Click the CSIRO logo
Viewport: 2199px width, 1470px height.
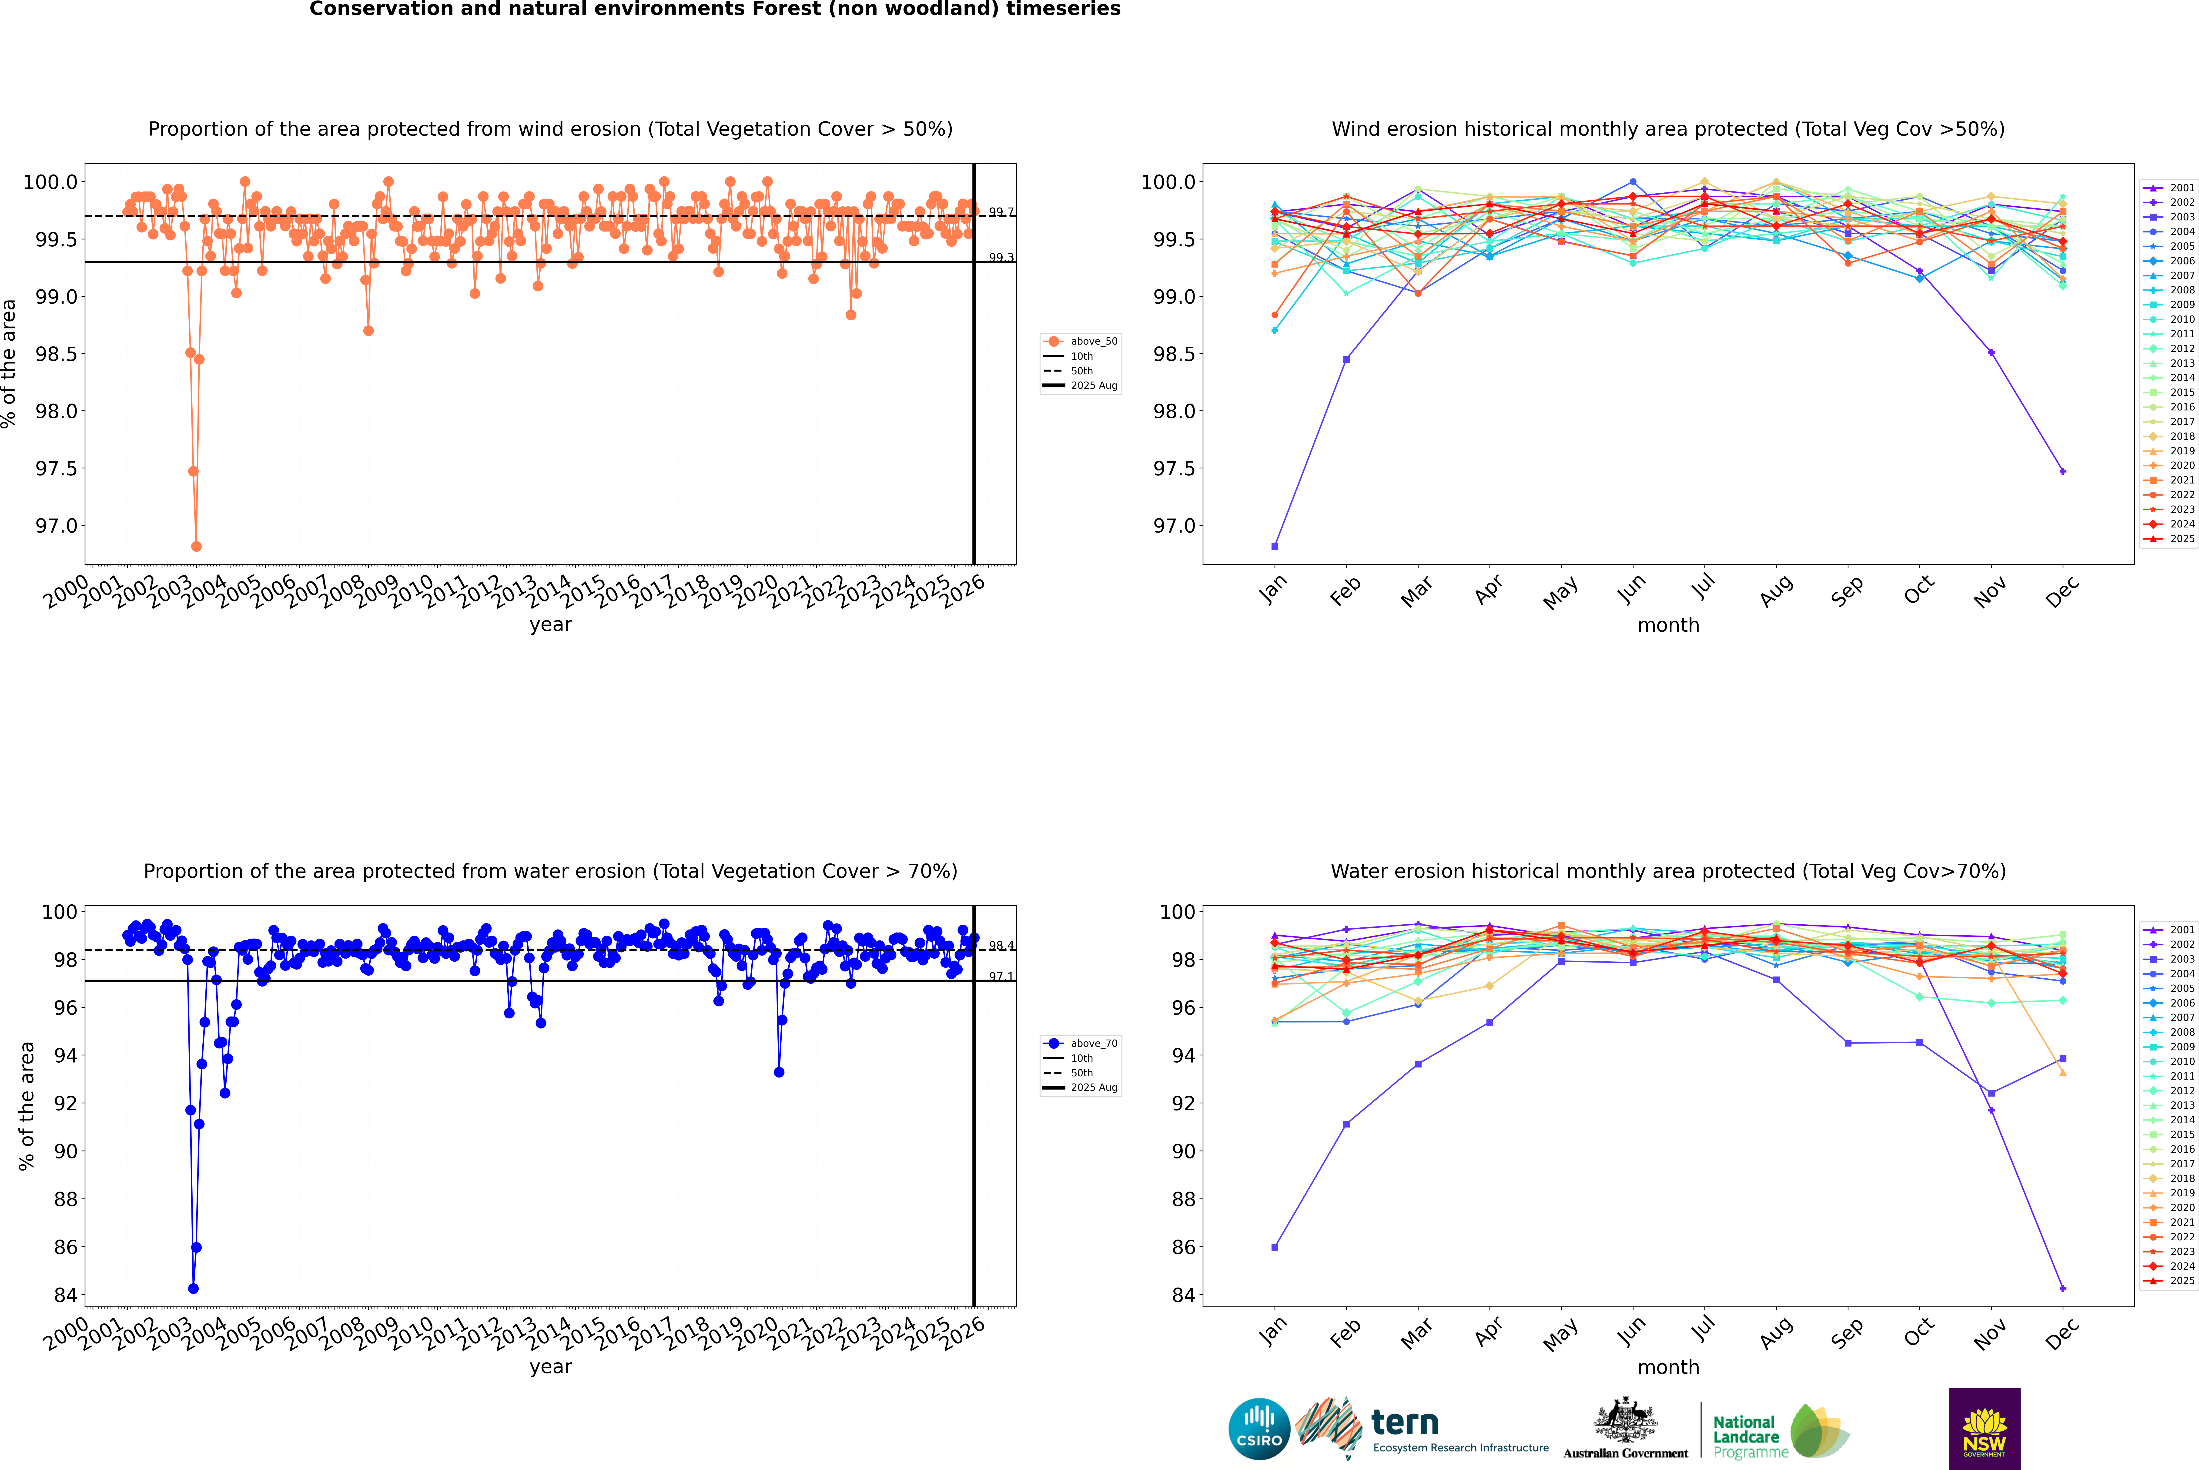[x=1259, y=1429]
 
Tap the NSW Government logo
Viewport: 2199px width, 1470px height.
[x=1984, y=1429]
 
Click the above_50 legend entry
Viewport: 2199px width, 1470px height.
[x=1080, y=341]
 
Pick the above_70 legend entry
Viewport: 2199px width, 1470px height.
[x=1080, y=1044]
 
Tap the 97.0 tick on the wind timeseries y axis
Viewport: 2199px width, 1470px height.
[x=53, y=526]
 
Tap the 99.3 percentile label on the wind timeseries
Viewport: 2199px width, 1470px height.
[x=1001, y=258]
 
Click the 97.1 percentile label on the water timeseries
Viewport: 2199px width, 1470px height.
[x=1001, y=977]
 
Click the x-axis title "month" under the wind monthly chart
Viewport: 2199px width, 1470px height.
[x=1667, y=625]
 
